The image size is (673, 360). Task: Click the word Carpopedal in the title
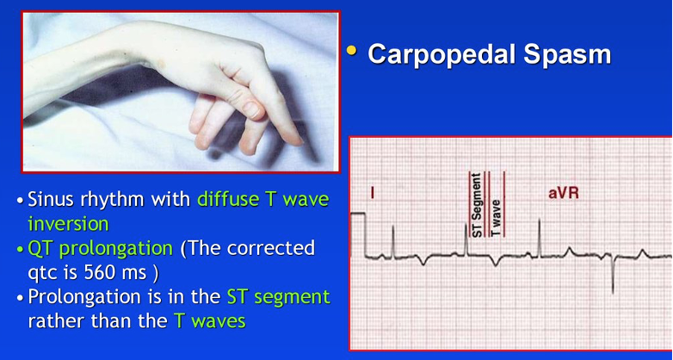pyautogui.click(x=441, y=54)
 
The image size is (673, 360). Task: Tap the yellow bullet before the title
pyautogui.click(x=351, y=51)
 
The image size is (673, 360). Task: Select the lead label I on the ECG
pyautogui.click(x=372, y=193)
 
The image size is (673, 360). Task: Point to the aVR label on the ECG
pyautogui.click(x=564, y=193)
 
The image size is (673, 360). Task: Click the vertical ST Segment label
pyautogui.click(x=478, y=205)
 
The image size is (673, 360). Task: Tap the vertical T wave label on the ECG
pyautogui.click(x=496, y=217)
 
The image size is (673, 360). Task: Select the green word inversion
pyautogui.click(x=68, y=224)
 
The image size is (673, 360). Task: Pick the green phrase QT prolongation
pyautogui.click(x=100, y=249)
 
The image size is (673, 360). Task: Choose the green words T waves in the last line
pyautogui.click(x=209, y=321)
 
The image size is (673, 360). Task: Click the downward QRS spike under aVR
pyautogui.click(x=613, y=274)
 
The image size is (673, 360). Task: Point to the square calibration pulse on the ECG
pyautogui.click(x=358, y=234)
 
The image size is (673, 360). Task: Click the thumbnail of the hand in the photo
pyautogui.click(x=254, y=111)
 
